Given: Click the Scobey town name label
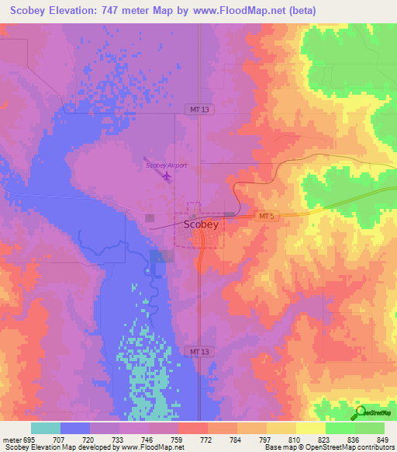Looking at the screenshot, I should click(201, 224).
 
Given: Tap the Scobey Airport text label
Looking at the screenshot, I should click(166, 165).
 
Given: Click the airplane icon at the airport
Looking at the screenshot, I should click(167, 177).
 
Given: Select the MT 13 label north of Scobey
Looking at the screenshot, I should click(199, 110).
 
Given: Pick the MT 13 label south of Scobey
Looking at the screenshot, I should click(199, 352).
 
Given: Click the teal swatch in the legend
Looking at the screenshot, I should click(46, 428).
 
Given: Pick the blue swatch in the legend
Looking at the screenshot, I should click(75, 428).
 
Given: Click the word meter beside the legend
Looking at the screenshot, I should click(11, 439).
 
